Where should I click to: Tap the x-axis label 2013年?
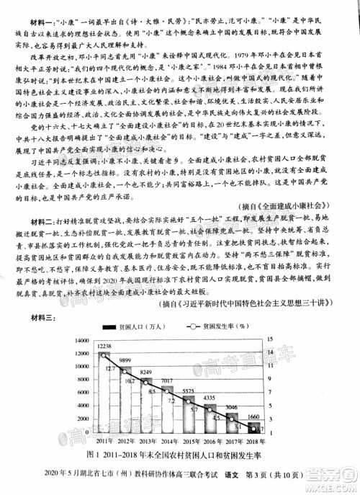click(150, 440)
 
